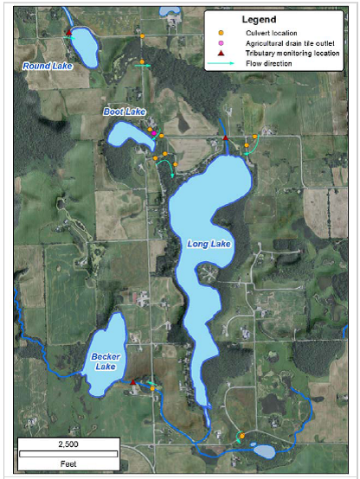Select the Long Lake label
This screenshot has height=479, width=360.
209,246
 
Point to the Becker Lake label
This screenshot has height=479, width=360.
106,361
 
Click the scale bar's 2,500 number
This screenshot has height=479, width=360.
67,444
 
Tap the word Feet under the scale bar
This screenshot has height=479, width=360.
67,463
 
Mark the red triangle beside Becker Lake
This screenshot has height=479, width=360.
132,381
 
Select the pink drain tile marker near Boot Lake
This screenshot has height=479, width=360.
155,134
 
